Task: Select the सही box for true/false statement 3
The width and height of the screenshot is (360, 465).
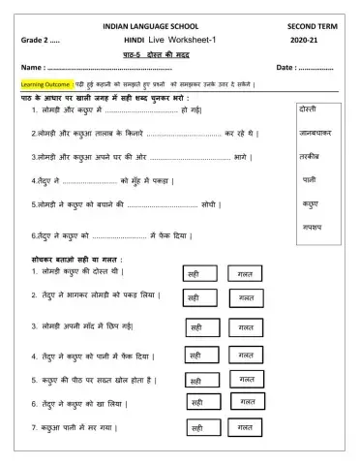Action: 197,326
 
